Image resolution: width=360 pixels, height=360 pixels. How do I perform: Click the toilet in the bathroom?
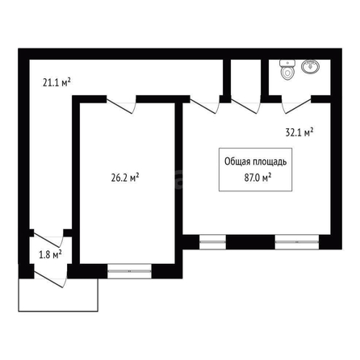pyautogui.click(x=287, y=69)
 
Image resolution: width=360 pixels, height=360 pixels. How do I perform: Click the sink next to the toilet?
pyautogui.click(x=311, y=66)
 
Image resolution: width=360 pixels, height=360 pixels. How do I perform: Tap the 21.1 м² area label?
pyautogui.click(x=57, y=82)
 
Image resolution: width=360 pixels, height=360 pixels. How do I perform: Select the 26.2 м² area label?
pyautogui.click(x=125, y=178)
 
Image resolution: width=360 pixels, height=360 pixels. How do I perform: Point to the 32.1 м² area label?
pyautogui.click(x=299, y=132)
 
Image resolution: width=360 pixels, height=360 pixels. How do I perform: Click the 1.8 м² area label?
pyautogui.click(x=51, y=254)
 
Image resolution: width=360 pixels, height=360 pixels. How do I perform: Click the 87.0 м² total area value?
pyautogui.click(x=257, y=178)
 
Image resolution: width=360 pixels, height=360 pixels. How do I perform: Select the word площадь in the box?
pyautogui.click(x=270, y=162)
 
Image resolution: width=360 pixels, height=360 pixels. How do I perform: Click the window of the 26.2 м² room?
pyautogui.click(x=129, y=271)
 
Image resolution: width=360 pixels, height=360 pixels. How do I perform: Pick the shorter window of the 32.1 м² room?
pyautogui.click(x=212, y=242)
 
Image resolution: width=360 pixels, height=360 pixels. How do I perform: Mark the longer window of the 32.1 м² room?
pyautogui.click(x=297, y=242)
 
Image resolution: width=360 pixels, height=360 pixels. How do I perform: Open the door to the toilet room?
pyautogui.click(x=296, y=106)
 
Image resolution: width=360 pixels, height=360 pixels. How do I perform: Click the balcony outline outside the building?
pyautogui.click(x=58, y=312)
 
